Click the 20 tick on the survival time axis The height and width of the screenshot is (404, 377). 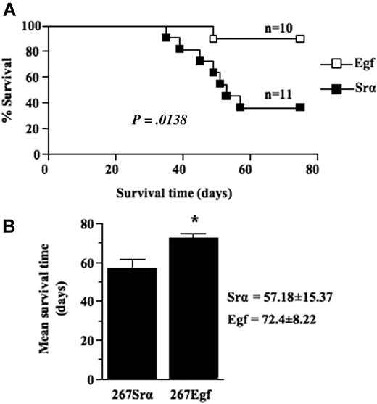tap(111, 169)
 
